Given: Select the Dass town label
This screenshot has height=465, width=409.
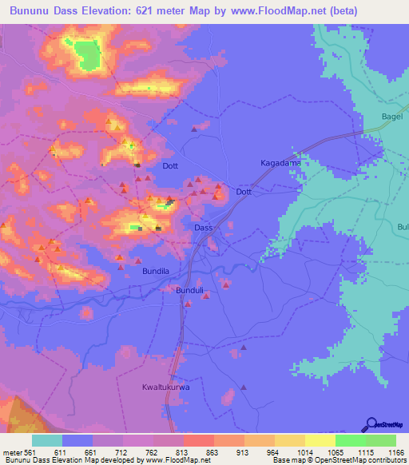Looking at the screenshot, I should pyautogui.click(x=204, y=228).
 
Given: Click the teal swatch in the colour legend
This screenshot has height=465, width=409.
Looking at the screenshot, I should pyautogui.click(x=47, y=440).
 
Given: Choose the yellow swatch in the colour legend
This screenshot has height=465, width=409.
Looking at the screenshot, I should pyautogui.click(x=320, y=440).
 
